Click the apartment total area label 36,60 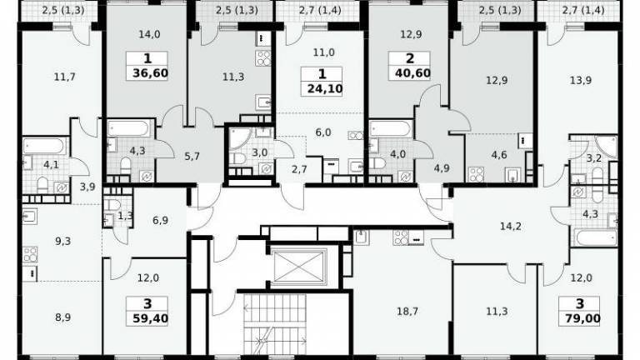click(x=150, y=73)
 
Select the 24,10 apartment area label click(x=325, y=88)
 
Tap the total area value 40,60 click(x=412, y=73)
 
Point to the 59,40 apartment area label click(x=150, y=318)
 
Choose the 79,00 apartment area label click(x=582, y=318)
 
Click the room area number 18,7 click(x=407, y=312)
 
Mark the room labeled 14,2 click(x=511, y=226)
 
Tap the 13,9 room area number click(x=581, y=80)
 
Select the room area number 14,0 click(x=149, y=35)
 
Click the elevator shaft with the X click(x=300, y=267)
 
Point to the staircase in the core click(x=275, y=324)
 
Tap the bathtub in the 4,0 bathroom click(x=390, y=128)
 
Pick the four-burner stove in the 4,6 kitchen click(x=477, y=174)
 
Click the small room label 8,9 click(x=62, y=317)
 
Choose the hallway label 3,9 click(x=87, y=187)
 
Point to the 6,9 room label click(x=160, y=220)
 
